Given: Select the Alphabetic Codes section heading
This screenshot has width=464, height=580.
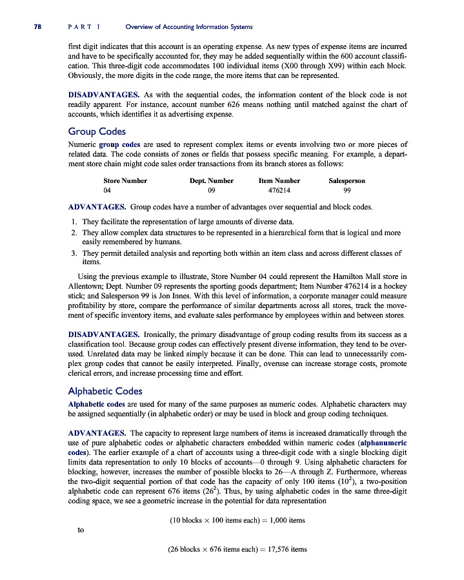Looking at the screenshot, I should (x=105, y=391).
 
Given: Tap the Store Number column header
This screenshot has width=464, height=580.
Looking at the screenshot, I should (x=125, y=181).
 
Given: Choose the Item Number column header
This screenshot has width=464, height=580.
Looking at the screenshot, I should (x=279, y=181).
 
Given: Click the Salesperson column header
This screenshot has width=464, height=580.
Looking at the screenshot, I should (x=347, y=181).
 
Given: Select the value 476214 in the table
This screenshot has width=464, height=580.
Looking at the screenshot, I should (x=279, y=191).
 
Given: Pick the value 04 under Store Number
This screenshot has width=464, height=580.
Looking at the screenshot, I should (x=108, y=191).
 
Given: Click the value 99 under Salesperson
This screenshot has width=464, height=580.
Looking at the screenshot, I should (x=347, y=191).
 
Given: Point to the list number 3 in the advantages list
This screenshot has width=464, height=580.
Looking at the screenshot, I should (x=74, y=253).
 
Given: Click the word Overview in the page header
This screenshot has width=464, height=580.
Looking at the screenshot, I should (x=141, y=26).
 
